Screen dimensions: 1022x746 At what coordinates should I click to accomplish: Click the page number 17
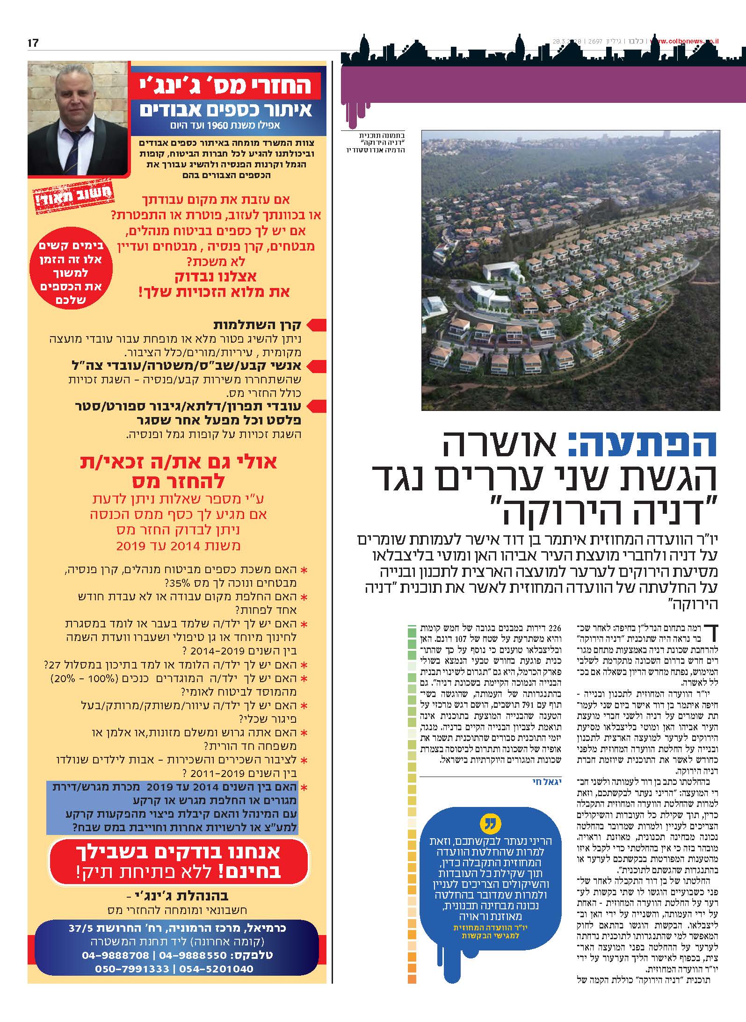click(x=33, y=43)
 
